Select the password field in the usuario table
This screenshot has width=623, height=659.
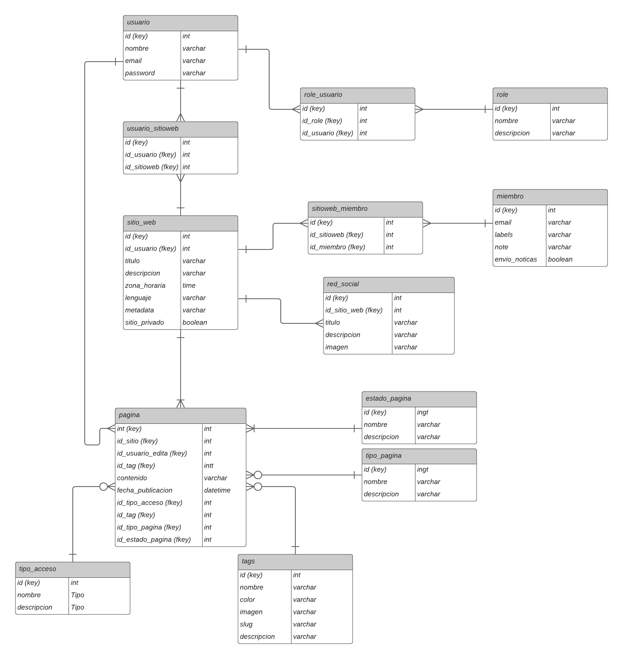(140, 73)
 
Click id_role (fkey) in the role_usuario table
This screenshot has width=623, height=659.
(322, 121)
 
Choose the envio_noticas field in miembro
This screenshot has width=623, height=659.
(516, 259)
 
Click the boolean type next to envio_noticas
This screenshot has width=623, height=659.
(560, 259)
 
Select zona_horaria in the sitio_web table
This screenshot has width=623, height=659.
(145, 286)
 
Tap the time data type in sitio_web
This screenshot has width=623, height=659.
(189, 286)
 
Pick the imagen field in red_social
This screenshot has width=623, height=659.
(337, 347)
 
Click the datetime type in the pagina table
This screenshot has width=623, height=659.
(217, 490)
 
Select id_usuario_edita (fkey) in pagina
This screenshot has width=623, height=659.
(152, 453)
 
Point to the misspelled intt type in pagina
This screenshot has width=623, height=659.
(209, 466)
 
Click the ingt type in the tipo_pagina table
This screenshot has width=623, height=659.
(422, 470)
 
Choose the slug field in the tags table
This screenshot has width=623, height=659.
(246, 624)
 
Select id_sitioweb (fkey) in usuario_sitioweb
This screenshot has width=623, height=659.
(151, 167)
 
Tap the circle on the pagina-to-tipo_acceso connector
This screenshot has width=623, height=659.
(104, 487)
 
